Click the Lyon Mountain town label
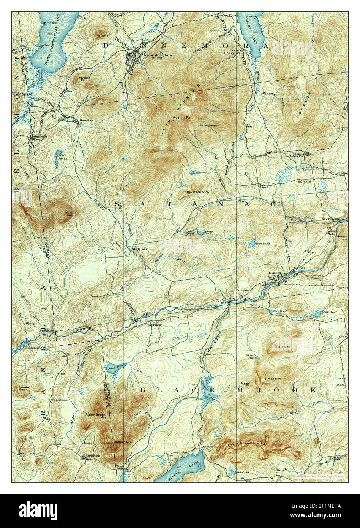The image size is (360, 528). tap(157, 55)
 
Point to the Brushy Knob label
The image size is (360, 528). tap(208, 125)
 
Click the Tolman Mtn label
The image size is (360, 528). tap(272, 379)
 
